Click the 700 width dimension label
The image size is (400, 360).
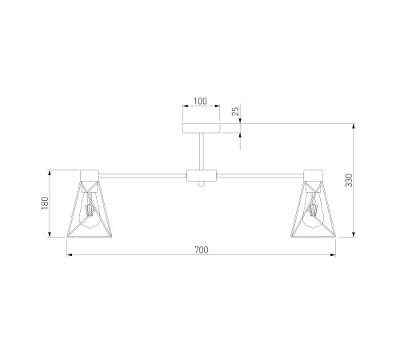(202, 250)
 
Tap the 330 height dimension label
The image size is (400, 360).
(349, 180)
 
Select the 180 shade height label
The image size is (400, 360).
(45, 203)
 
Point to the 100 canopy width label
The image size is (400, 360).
(200, 102)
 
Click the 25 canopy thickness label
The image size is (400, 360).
(235, 111)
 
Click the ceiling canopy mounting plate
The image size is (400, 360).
(202, 128)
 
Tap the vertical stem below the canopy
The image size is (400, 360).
(202, 151)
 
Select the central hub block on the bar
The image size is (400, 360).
(202, 175)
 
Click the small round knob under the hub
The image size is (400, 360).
(202, 184)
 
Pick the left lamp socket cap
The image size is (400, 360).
(90, 175)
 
